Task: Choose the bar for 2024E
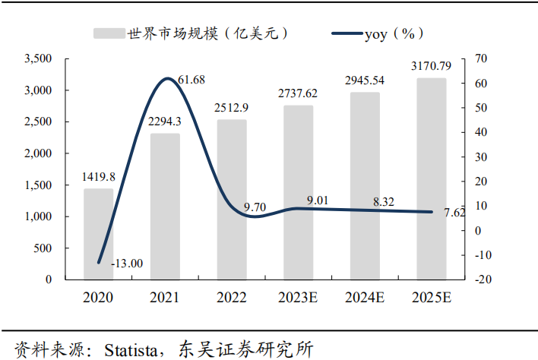[365, 186]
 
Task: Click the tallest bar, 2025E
[431, 178]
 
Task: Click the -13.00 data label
[126, 264]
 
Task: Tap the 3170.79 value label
[431, 66]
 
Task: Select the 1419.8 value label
[99, 177]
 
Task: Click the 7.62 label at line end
[453, 213]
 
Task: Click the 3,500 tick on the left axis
[38, 58]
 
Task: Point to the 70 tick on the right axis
[480, 58]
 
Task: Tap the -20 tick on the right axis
[480, 279]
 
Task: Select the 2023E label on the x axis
[299, 298]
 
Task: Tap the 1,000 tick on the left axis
[38, 216]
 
